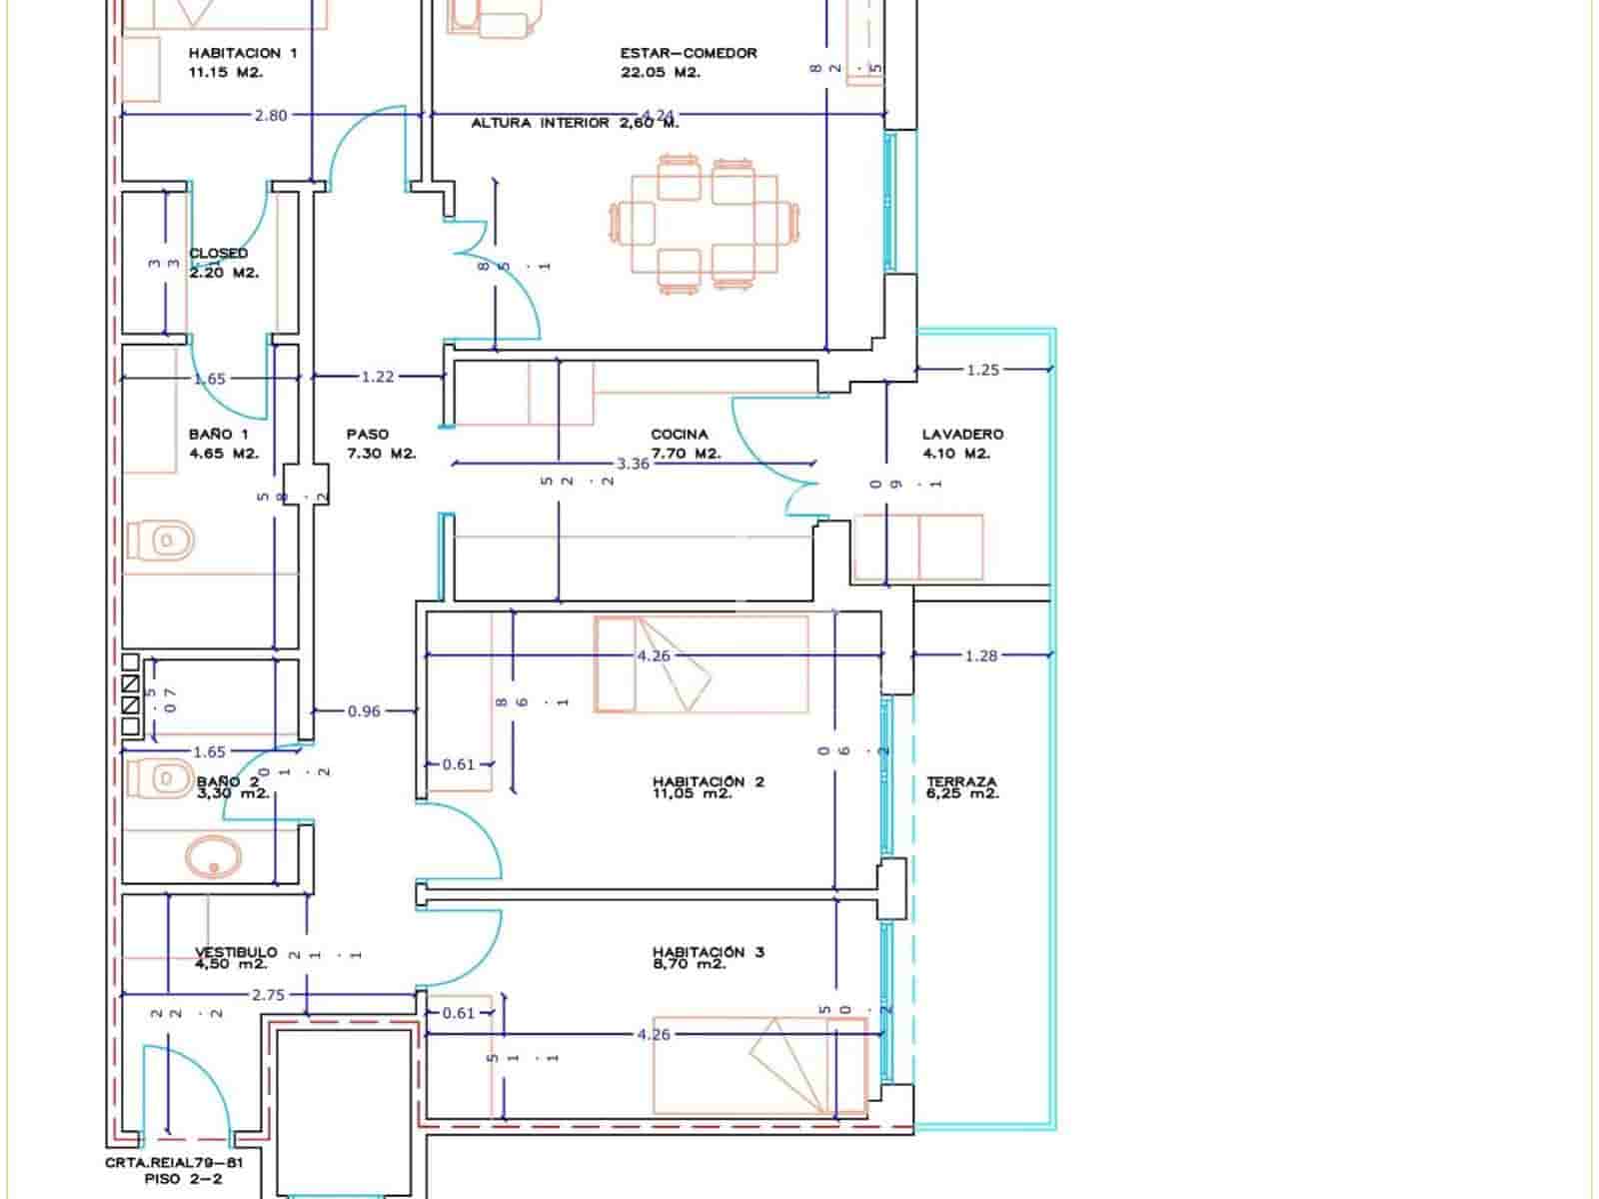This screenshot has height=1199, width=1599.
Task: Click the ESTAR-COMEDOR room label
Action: (x=688, y=53)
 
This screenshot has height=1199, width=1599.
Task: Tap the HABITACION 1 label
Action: (x=242, y=53)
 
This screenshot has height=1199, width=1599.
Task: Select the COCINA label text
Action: (x=680, y=435)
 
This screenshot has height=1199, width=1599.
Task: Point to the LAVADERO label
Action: (x=962, y=435)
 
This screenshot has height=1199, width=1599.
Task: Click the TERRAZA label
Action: (x=961, y=781)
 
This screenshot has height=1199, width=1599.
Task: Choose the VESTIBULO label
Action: (x=236, y=952)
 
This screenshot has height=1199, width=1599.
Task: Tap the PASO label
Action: (x=368, y=435)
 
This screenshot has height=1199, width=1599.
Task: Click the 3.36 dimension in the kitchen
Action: (x=634, y=464)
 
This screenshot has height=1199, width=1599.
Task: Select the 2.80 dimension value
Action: (x=271, y=115)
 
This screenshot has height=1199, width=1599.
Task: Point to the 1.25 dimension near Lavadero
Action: (x=982, y=370)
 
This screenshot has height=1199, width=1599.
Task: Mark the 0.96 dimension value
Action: (x=364, y=711)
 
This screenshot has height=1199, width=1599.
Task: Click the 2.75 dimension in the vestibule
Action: (x=268, y=995)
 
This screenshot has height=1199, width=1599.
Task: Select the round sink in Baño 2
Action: (x=213, y=856)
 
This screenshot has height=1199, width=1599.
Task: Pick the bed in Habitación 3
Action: (x=760, y=1065)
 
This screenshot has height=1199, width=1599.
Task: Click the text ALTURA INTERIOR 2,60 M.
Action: (x=575, y=123)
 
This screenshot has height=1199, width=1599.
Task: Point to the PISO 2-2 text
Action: (x=184, y=1179)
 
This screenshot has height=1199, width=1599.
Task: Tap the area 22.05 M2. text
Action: (x=660, y=72)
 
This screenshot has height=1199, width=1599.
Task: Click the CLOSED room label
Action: (x=218, y=254)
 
